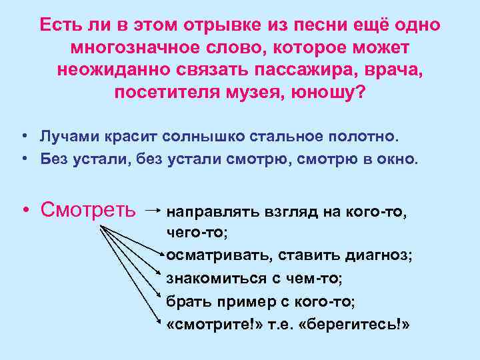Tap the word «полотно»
363,137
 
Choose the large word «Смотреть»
87,209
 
